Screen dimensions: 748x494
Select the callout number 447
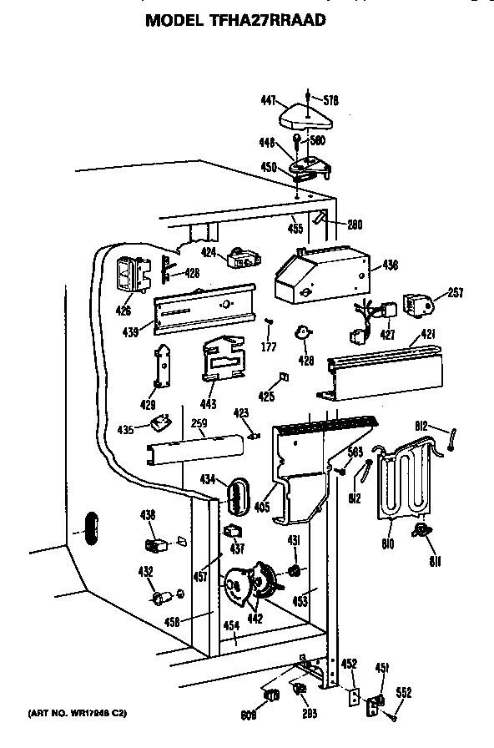tap(268, 100)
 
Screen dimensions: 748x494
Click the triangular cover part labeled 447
tap(305, 116)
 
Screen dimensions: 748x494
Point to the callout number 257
tap(455, 292)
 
